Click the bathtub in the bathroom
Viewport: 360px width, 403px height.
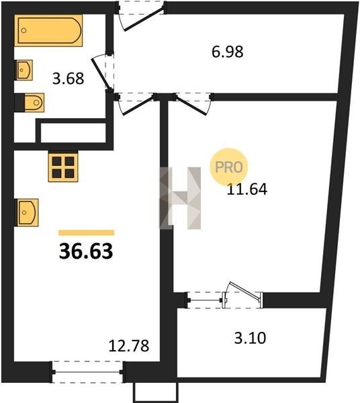coord(48,31)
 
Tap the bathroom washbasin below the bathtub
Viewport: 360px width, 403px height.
coord(24,70)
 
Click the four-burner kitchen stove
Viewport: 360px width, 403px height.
coord(63,167)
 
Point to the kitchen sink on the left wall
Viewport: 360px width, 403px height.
coord(27,212)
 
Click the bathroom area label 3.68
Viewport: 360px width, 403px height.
coord(68,79)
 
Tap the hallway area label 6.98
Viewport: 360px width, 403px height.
coord(228,52)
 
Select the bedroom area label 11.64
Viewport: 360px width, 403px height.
coord(247,189)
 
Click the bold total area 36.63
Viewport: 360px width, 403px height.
coord(86,251)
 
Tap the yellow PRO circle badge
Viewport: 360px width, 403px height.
coord(228,167)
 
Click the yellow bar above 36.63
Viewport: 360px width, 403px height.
coord(87,233)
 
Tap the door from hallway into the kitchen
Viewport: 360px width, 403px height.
coord(137,103)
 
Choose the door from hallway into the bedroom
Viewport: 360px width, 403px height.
coord(193,103)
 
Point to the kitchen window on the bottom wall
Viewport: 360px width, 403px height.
coord(87,372)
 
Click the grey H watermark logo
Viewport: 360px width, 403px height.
coord(180,198)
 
